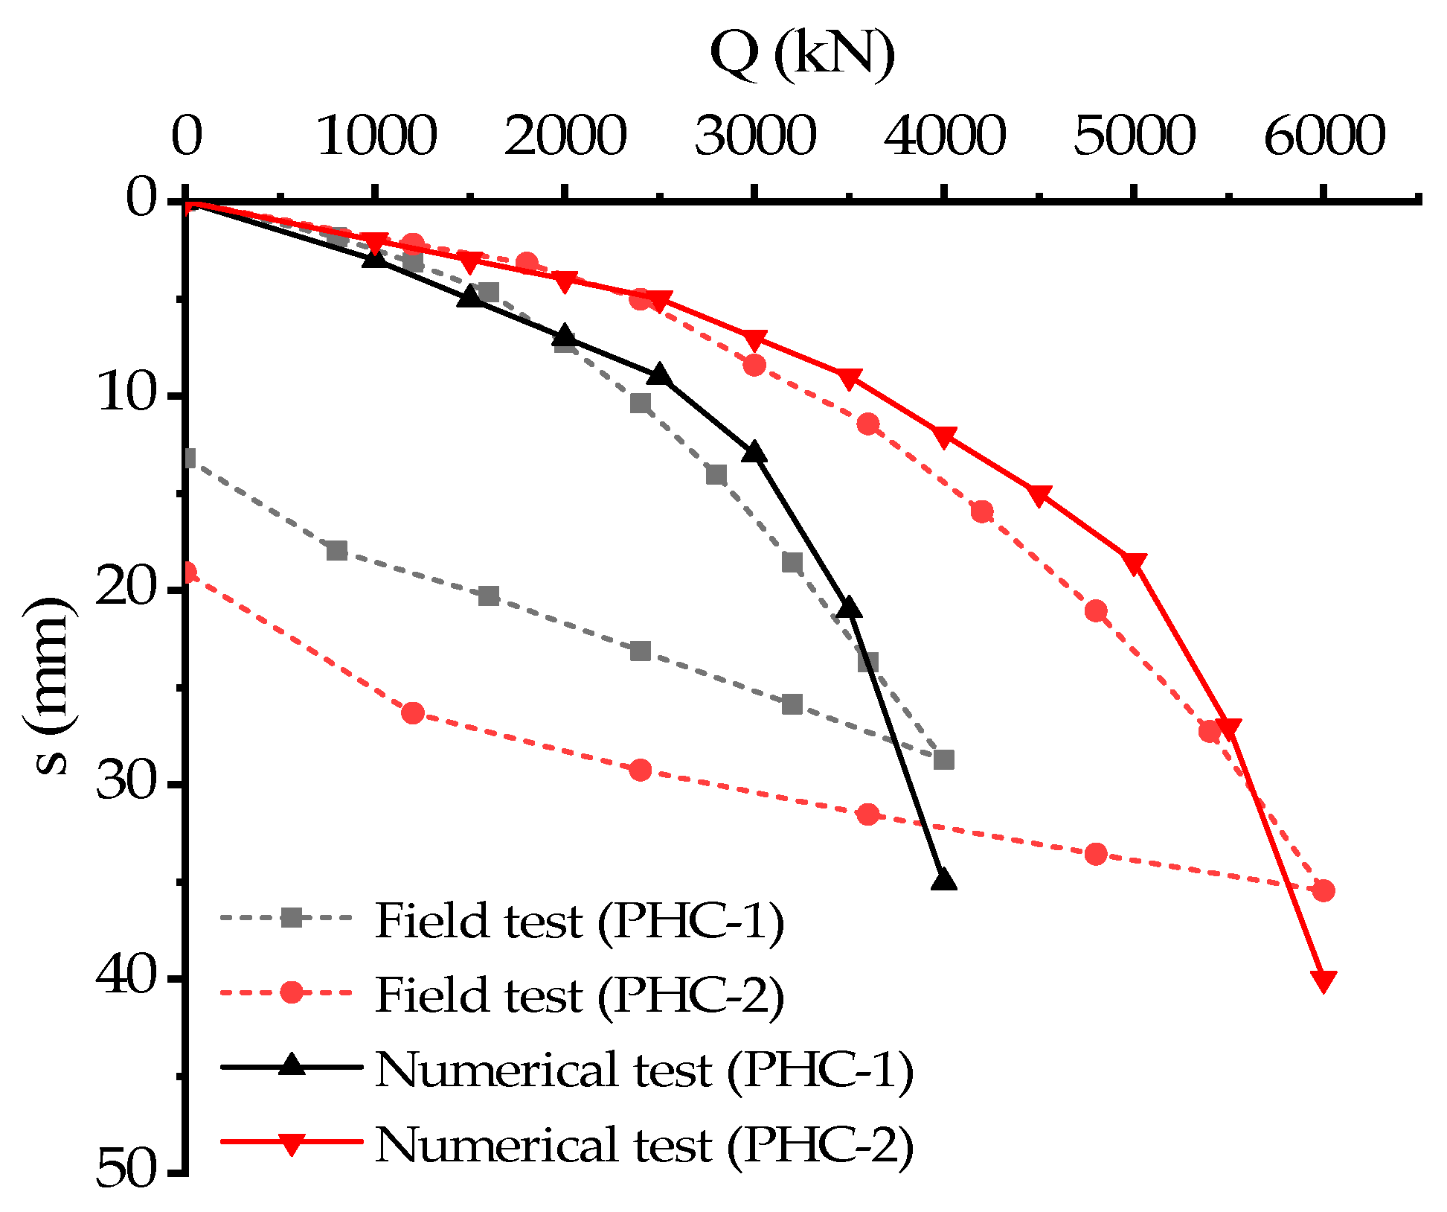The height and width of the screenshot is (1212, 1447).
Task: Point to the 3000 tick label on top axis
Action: pos(755,137)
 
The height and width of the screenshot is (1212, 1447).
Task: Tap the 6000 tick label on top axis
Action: pos(1324,137)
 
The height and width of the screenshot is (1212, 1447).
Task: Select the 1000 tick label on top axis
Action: pos(376,137)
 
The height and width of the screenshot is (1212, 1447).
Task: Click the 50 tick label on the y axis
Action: pos(127,1170)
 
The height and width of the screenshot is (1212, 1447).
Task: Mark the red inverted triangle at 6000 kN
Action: pos(1324,980)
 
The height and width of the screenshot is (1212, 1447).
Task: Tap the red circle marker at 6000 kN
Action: pos(1324,890)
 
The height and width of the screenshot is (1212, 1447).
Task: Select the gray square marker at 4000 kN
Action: pos(943,759)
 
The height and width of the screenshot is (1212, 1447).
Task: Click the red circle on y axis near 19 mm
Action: pos(188,572)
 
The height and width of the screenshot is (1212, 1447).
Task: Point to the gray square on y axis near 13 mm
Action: pos(189,459)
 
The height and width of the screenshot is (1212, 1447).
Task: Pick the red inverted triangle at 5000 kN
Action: pos(1134,564)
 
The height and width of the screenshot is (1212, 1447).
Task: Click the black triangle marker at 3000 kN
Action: pos(754,452)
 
